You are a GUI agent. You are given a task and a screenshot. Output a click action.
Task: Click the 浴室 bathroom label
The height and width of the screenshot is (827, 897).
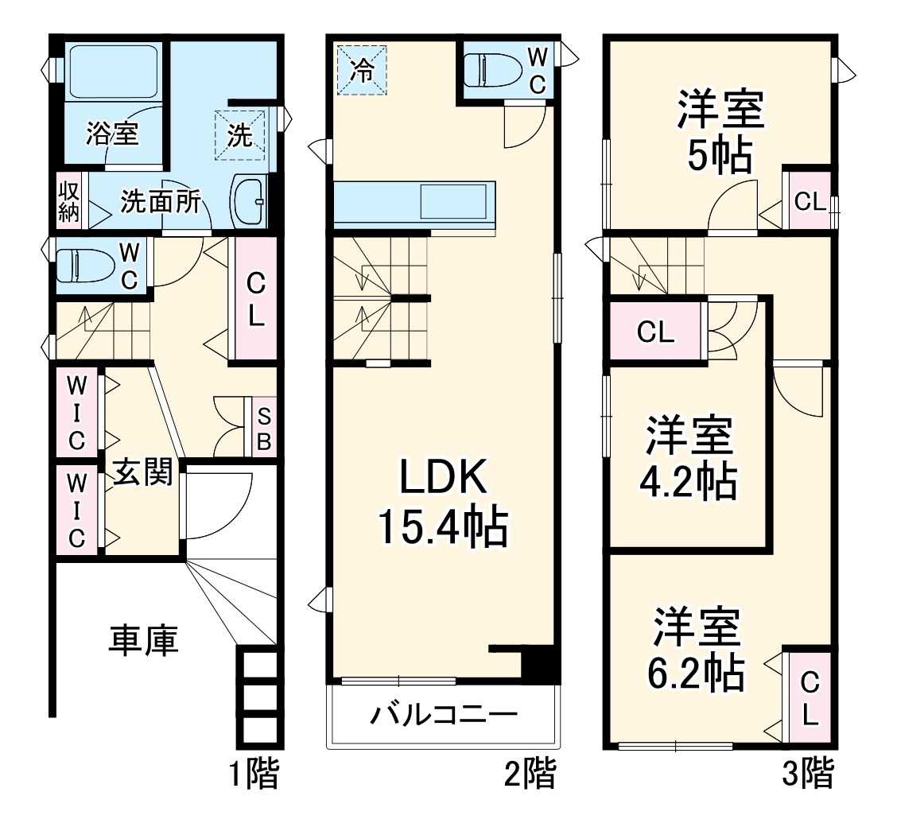113,134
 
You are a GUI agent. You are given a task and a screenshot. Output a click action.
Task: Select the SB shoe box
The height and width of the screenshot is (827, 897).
264,428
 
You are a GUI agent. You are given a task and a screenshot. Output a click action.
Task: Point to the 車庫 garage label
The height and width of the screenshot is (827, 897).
143,639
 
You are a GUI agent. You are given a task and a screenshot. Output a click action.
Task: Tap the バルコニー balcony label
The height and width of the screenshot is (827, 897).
443,714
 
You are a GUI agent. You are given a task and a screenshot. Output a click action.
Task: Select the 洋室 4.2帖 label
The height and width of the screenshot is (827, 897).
689,458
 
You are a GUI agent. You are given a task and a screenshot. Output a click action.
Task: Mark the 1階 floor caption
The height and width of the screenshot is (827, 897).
254,774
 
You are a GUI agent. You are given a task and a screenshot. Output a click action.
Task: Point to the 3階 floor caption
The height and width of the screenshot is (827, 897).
808,774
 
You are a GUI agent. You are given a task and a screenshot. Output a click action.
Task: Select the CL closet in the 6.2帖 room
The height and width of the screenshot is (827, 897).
809,697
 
